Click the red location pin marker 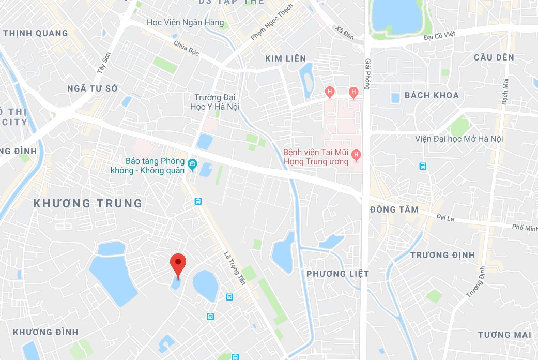(x=178, y=264)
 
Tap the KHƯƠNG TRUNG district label (x=88, y=203)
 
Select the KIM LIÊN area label (x=286, y=58)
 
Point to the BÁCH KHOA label (x=432, y=95)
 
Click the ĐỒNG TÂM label (x=394, y=209)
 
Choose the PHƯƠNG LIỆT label (x=337, y=274)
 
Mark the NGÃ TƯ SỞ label (x=93, y=88)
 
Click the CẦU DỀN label (x=494, y=57)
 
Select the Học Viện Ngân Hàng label (x=186, y=23)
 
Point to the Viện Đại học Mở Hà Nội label (x=459, y=139)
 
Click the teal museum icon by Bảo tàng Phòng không (x=193, y=164)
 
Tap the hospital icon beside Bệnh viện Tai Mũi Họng (x=356, y=155)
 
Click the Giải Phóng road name (x=367, y=73)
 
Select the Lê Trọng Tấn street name (x=235, y=268)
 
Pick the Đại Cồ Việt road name (x=439, y=36)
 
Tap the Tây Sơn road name (x=104, y=62)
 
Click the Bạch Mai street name (x=505, y=91)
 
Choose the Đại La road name (x=444, y=218)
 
